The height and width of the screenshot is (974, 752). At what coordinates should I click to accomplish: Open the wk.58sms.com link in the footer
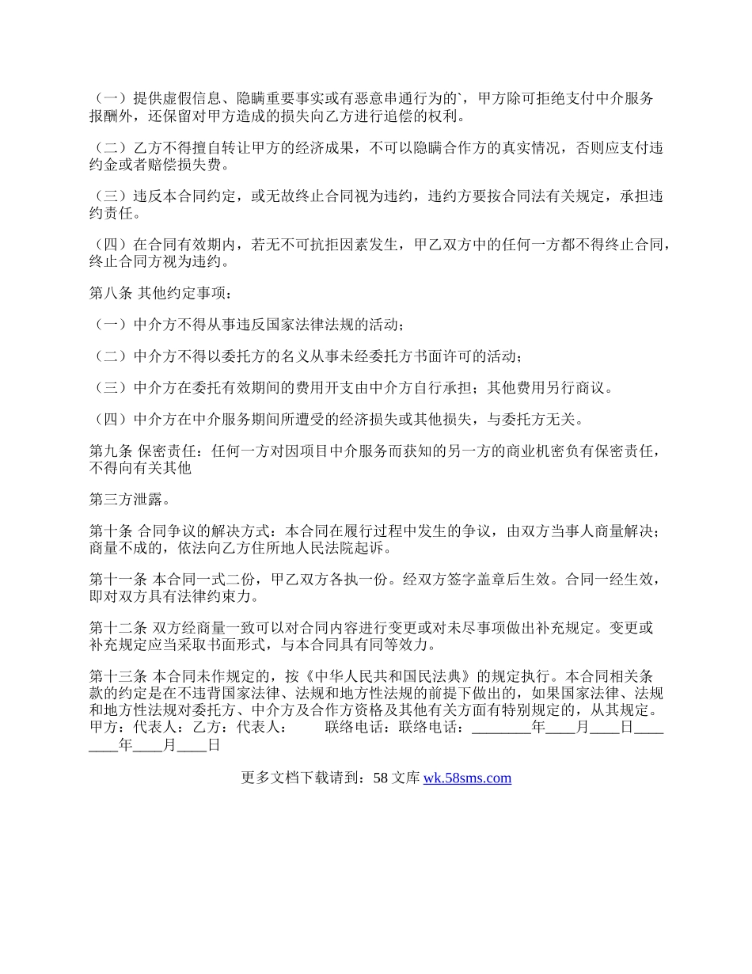467,778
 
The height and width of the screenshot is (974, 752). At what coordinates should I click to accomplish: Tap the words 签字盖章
468,580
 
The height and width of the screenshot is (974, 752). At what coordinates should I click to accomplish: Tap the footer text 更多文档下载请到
301,778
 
